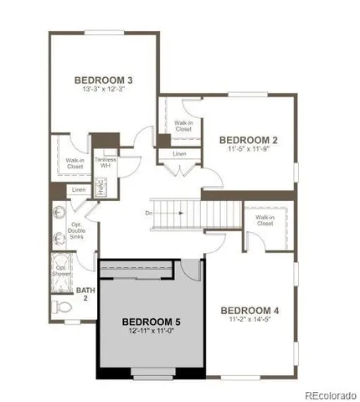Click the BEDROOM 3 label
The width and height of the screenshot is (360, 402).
[x=105, y=80]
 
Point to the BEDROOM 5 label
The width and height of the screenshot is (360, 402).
[x=151, y=322]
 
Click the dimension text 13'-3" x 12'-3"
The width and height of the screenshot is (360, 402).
[x=105, y=91]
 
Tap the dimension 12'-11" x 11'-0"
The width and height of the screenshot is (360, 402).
[x=151, y=332]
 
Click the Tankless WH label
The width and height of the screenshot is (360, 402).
[x=105, y=162]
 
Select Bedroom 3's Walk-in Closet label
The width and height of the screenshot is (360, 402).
[x=75, y=163]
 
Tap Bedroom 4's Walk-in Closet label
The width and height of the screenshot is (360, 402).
[x=265, y=220]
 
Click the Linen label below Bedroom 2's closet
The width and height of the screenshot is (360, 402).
[x=180, y=154]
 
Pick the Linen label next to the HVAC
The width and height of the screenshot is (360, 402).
[x=78, y=190]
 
